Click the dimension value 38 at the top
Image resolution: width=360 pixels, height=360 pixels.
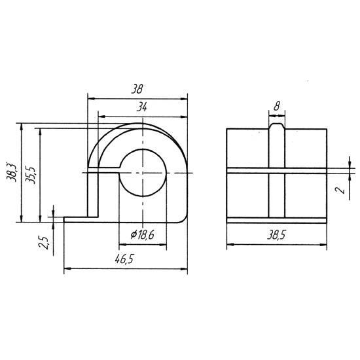click(137, 89)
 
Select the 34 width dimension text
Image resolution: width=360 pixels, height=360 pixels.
click(141, 107)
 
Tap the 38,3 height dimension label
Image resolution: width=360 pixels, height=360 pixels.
click(12, 172)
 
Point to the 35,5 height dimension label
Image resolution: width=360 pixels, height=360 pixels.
click(30, 175)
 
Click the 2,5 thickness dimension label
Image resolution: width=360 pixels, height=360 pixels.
click(44, 242)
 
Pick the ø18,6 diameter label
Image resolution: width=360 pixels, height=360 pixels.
click(142, 234)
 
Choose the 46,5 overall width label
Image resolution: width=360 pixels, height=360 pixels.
click(124, 259)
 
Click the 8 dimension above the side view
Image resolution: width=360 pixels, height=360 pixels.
click(277, 106)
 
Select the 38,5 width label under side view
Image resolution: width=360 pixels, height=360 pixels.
click(276, 235)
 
